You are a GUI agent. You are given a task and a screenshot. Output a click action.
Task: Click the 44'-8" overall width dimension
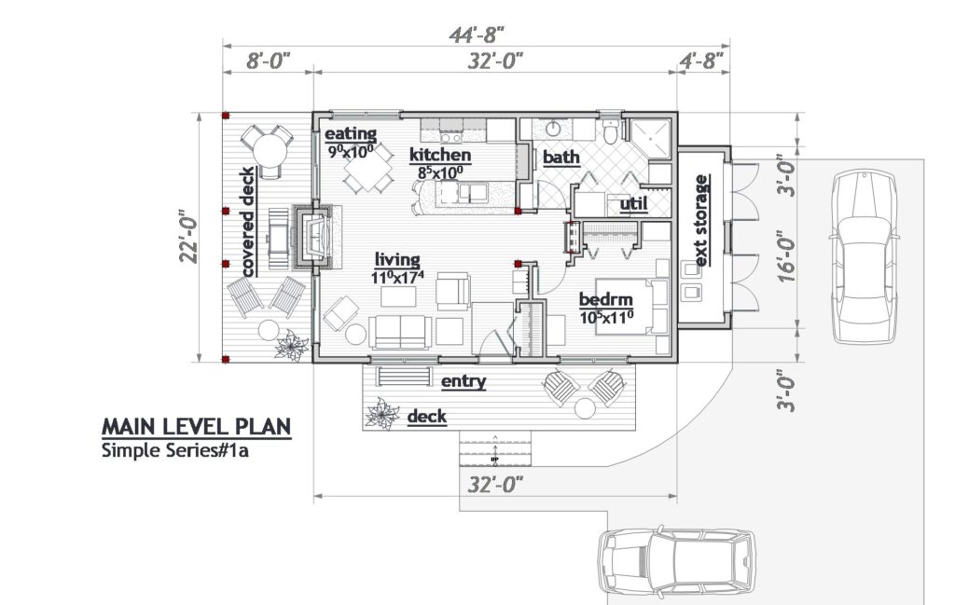point(477,35)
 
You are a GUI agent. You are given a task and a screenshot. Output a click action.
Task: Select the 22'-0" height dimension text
point(189,237)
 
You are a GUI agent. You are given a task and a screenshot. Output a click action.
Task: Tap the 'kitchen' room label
point(440,155)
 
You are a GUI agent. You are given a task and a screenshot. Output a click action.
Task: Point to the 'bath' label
point(561,157)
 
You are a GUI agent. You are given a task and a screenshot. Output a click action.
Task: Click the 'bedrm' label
point(606,299)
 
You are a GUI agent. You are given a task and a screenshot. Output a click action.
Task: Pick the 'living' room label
point(397,260)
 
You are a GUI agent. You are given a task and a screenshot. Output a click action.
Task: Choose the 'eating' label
point(351,134)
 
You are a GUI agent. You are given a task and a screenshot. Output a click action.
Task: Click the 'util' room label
point(633,203)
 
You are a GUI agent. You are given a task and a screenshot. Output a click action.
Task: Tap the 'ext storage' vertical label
point(701,220)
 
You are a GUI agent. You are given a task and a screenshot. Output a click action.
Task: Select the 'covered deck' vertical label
point(247,222)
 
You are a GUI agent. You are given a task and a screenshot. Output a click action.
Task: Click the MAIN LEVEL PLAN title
point(196,427)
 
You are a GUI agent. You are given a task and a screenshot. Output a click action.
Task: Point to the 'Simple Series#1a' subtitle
point(175,451)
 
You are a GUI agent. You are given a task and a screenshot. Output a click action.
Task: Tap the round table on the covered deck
point(269,150)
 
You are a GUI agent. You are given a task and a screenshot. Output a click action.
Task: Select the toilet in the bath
point(610,129)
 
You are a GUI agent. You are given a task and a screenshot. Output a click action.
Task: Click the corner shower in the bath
point(649,139)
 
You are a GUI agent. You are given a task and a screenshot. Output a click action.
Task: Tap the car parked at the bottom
point(675,562)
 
